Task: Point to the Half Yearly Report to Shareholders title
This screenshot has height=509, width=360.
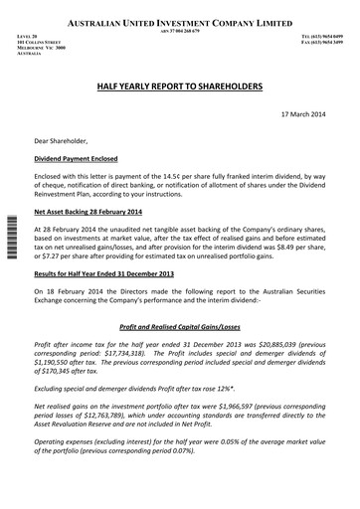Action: coord(180,87)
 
